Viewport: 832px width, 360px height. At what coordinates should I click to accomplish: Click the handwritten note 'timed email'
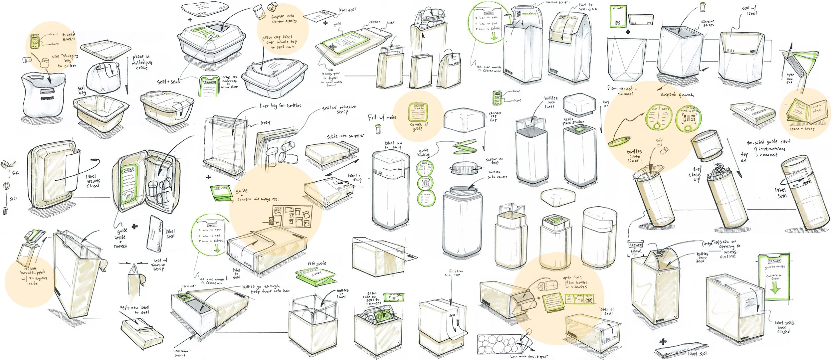[x=69, y=37]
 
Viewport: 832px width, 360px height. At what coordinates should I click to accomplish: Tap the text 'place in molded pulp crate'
[x=142, y=62]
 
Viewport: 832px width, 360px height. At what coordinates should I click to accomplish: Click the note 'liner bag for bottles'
[x=280, y=105]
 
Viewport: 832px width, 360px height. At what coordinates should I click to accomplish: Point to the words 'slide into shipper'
[x=345, y=136]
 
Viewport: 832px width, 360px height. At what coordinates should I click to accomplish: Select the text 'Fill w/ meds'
[x=382, y=117]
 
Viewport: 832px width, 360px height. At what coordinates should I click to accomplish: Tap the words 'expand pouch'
[x=677, y=94]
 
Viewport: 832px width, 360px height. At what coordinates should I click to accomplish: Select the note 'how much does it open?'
[x=529, y=356]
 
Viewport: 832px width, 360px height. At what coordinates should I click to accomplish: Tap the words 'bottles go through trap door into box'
[x=266, y=288]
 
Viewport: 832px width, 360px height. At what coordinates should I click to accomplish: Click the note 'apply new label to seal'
[x=135, y=310]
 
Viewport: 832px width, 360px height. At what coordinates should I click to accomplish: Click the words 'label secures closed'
[x=93, y=181]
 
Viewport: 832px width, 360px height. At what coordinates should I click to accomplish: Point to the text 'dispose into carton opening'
[x=284, y=18]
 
